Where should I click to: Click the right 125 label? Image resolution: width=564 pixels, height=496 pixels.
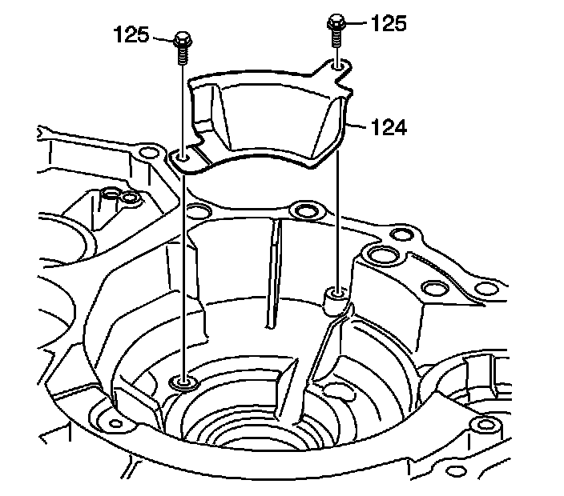pyautogui.click(x=390, y=23)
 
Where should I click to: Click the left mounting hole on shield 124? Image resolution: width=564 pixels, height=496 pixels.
pyautogui.click(x=184, y=159)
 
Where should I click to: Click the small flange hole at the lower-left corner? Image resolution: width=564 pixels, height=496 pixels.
pyautogui.click(x=115, y=422)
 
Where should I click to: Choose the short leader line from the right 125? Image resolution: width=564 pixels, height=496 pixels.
pyautogui.click(x=357, y=24)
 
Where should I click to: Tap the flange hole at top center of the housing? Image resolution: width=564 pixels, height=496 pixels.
pyautogui.click(x=304, y=211)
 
